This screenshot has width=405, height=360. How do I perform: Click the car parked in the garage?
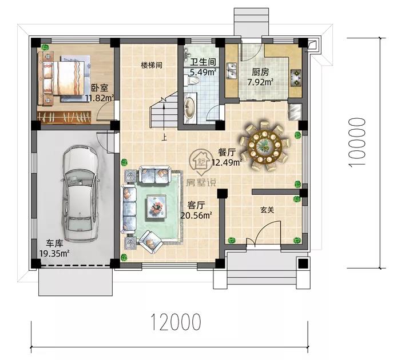tap(80, 194)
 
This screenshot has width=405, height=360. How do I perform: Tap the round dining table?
tap(264, 147)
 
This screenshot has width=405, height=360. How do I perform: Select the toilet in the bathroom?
tap(191, 80)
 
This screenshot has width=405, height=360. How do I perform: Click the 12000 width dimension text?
tap(176, 322)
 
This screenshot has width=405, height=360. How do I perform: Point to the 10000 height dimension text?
tap(357, 142)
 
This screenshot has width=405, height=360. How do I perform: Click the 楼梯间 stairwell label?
tap(152, 65)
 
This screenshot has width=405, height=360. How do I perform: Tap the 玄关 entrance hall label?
tap(267, 210)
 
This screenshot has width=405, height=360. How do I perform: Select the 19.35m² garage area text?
tap(54, 253)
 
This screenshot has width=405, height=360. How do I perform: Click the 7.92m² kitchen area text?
tap(261, 82)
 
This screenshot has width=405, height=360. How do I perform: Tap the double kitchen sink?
tap(232, 70)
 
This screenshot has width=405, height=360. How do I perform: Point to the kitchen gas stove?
tap(296, 77)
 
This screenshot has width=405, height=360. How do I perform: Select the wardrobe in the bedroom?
tap(64, 117)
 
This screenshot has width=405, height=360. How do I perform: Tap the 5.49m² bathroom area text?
tap(203, 72)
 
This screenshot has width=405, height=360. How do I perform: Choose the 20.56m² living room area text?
tap(196, 215)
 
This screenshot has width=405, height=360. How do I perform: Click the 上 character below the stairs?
tap(164, 137)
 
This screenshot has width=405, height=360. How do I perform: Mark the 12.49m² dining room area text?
tap(227, 162)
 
